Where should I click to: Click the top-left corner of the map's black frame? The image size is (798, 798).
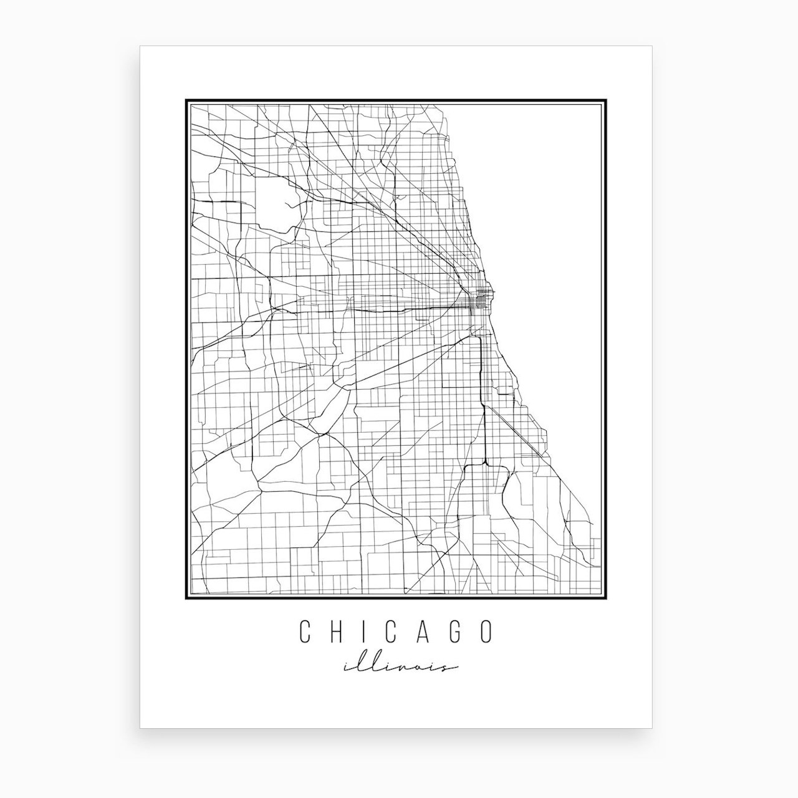(186, 99)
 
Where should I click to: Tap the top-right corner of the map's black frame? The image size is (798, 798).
(605, 99)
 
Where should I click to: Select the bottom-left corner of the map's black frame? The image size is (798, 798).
(186, 599)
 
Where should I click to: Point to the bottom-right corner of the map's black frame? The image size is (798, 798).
(605, 599)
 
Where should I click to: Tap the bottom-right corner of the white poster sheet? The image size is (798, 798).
(651, 728)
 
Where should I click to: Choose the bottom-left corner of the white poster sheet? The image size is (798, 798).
(140, 728)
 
